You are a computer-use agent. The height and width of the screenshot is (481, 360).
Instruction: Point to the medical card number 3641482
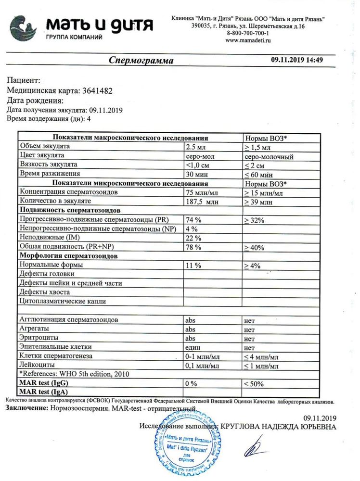tap(100, 90)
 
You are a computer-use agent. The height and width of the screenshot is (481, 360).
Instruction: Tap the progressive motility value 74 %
tap(193, 220)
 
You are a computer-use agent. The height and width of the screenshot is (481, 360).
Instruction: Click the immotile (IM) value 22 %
tap(193, 238)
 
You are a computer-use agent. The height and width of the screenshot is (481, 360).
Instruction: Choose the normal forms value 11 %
tap(193, 265)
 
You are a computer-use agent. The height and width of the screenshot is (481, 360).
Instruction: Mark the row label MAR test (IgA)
tap(44, 392)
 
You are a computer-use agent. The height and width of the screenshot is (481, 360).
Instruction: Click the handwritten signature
tap(255, 447)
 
